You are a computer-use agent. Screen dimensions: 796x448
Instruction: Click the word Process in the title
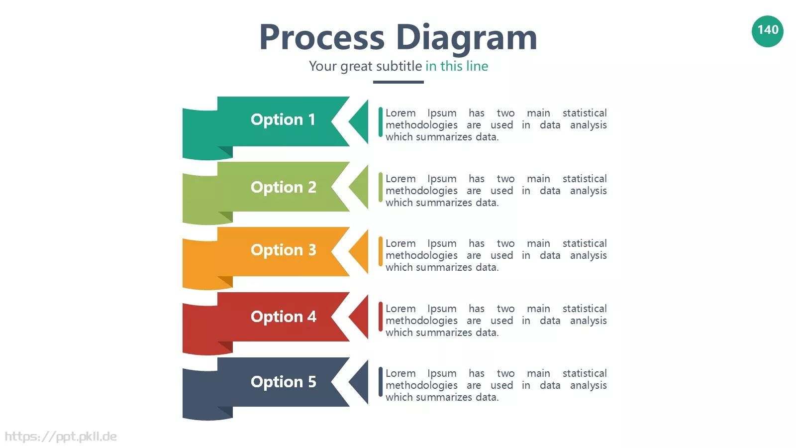point(322,37)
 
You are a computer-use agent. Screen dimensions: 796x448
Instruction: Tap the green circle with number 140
point(768,31)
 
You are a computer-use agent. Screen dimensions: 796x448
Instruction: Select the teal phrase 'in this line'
point(457,66)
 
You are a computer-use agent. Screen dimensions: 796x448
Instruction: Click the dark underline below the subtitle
point(398,82)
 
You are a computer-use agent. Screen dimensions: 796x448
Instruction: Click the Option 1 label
point(283,119)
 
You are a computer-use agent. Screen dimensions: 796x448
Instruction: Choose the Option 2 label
point(283,187)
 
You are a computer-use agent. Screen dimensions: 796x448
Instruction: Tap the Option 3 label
point(283,250)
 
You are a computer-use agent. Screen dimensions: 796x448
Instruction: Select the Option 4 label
point(283,317)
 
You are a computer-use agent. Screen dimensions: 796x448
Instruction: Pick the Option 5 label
point(283,382)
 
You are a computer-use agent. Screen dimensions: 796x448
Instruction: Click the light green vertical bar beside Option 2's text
point(381,187)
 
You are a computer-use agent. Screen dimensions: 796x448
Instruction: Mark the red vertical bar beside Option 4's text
point(381,317)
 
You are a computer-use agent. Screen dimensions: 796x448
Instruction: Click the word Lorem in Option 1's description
point(400,113)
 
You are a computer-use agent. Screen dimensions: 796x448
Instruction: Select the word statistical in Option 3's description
point(585,243)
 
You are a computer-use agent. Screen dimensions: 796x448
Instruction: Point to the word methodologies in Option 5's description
point(421,386)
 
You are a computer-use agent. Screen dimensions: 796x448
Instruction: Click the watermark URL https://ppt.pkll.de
point(61,437)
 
